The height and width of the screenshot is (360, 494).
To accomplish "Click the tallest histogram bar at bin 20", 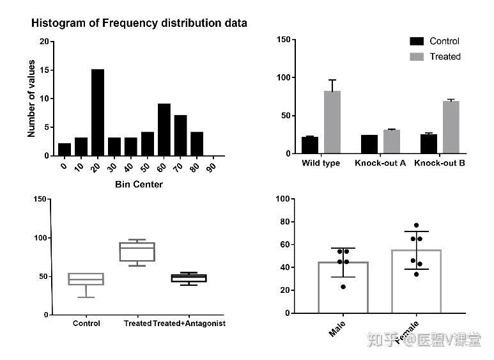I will coord(98,112).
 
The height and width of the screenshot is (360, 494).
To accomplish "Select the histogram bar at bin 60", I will coord(164,129).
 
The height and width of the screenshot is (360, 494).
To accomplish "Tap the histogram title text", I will coord(139,23).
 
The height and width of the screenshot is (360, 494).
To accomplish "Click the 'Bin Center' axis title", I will coord(139,185).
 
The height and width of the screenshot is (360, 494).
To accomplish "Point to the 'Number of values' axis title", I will coord(31,98).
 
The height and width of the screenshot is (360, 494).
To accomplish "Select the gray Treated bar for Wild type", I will coord(332,122).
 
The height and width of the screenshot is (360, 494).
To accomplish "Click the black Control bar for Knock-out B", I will coord(429,144).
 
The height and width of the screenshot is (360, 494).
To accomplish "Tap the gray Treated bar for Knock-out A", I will coord(391,141).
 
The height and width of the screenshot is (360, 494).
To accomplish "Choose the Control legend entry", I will coord(435,41).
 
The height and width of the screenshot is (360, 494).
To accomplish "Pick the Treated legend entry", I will coord(435,56).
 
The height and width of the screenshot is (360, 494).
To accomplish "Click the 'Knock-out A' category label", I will coord(380,163).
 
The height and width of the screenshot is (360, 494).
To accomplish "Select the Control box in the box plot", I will coord(86,279).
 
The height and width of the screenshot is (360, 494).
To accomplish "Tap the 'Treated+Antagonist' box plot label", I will coord(189,324).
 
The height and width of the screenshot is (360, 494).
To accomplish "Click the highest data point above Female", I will coord(416,226).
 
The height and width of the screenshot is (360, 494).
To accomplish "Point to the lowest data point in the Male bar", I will coord(343,286).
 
